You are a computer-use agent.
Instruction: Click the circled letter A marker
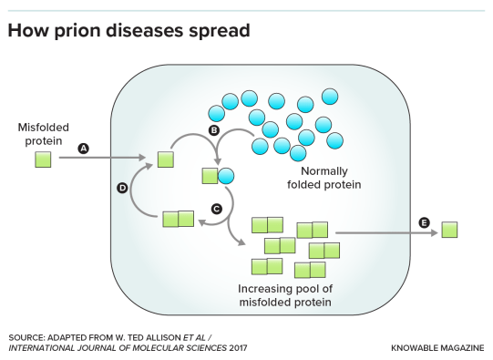[x=84, y=149]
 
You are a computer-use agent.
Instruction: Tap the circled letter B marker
[x=214, y=131]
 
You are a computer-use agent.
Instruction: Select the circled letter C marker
[x=216, y=209]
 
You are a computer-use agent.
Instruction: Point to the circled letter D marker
[x=122, y=188]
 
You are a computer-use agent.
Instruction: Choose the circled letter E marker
[x=423, y=222]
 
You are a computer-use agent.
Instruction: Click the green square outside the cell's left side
[x=43, y=159]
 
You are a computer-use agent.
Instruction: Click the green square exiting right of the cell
[x=449, y=230]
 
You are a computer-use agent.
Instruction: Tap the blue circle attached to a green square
[x=225, y=176]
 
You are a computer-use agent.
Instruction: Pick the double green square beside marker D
[x=178, y=219]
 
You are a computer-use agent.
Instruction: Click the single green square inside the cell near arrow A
[x=165, y=159]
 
